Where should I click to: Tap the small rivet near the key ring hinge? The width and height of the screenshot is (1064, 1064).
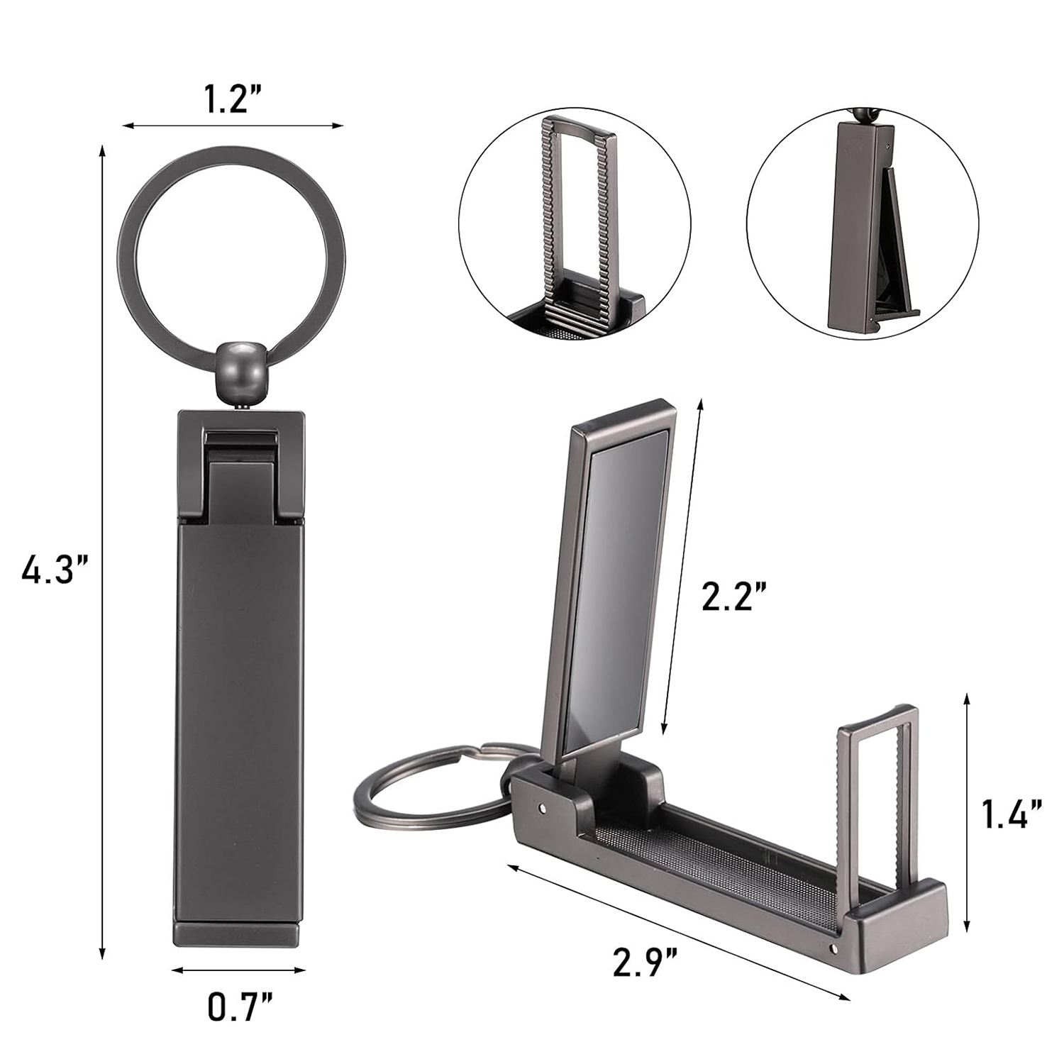tap(543, 807)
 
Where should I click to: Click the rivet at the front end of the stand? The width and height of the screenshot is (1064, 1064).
tap(833, 948)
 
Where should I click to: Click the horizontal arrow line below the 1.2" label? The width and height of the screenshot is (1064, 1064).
tap(233, 126)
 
